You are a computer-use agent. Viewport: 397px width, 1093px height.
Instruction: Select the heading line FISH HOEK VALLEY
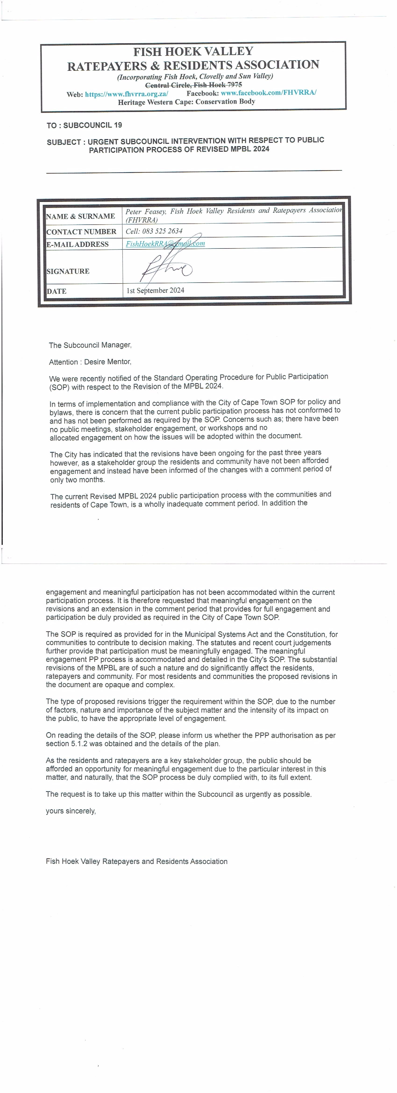tap(193, 52)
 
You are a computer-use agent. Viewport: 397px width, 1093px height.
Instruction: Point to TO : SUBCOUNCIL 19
tap(84, 125)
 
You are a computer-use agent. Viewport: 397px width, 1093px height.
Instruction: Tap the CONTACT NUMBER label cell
tap(81, 232)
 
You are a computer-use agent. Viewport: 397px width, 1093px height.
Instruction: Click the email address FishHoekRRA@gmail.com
tap(165, 244)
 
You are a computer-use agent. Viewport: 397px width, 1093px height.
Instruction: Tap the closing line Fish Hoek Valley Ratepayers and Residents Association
tap(136, 861)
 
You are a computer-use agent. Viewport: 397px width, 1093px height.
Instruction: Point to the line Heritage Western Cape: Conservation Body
tap(186, 102)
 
